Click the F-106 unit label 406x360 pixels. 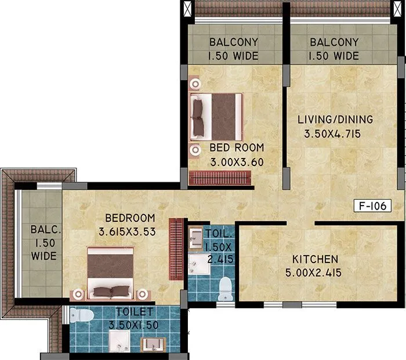pyautogui.click(x=372, y=206)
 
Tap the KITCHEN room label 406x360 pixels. pyautogui.click(x=315, y=259)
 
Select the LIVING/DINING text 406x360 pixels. pyautogui.click(x=335, y=120)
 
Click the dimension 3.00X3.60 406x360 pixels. pyautogui.click(x=237, y=161)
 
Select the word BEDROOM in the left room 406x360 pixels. pyautogui.click(x=130, y=219)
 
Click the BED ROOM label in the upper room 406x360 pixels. pyautogui.click(x=237, y=147)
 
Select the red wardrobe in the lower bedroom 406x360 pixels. pyautogui.click(x=175, y=249)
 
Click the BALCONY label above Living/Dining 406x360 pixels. pyautogui.click(x=333, y=42)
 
